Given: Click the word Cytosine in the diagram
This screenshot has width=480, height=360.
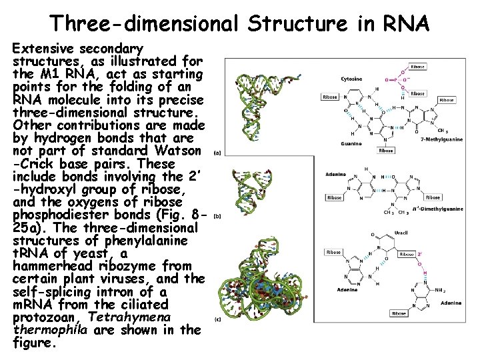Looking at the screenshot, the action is (351, 79).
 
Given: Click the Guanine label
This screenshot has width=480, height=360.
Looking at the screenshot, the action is (351, 143).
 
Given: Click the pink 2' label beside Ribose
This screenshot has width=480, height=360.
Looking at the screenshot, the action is (419, 255).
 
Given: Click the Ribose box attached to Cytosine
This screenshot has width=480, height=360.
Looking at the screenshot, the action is (329, 97).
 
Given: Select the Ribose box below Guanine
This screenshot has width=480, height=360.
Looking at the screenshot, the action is (386, 151).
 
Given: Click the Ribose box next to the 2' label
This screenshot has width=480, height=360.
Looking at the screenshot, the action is (406, 255).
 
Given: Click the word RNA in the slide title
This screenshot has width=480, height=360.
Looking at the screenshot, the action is (409, 24).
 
